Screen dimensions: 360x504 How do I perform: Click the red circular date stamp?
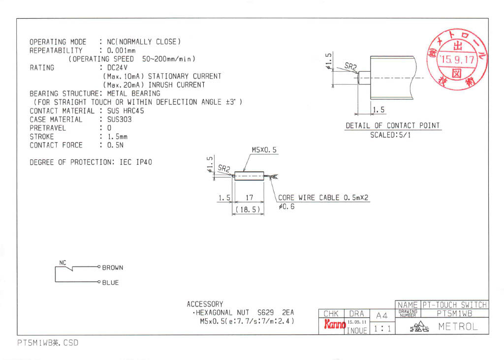click(x=457, y=60)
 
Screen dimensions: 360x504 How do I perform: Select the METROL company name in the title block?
click(x=457, y=326)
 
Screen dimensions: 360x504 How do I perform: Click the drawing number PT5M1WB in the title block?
click(x=454, y=313)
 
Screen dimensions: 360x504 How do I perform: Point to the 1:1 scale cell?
click(x=382, y=328)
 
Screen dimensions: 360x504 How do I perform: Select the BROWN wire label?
click(x=113, y=268)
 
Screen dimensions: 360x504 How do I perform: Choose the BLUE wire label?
click(x=110, y=283)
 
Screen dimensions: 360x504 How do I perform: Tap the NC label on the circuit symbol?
click(x=63, y=263)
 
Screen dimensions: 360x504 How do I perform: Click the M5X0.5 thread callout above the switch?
click(x=264, y=150)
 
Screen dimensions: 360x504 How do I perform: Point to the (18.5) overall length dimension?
click(x=248, y=210)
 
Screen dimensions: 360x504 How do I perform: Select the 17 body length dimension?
click(x=249, y=198)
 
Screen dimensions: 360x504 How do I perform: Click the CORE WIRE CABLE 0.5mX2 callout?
click(x=323, y=198)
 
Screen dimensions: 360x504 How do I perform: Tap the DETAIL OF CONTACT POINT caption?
click(x=392, y=126)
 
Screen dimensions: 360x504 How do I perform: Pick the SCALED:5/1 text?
click(x=390, y=135)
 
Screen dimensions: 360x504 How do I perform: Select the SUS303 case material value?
click(x=116, y=120)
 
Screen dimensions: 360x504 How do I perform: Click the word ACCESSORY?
click(x=205, y=304)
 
